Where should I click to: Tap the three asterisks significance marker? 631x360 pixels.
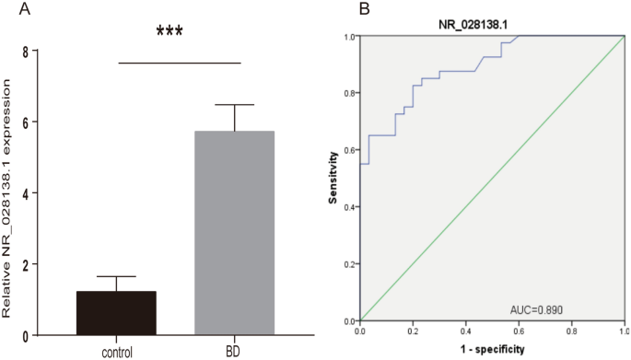click(169, 32)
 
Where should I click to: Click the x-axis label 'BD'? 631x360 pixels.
click(234, 352)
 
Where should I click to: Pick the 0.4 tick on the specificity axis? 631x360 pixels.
click(466, 329)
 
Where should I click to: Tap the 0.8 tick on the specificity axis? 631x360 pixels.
click(572, 329)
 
